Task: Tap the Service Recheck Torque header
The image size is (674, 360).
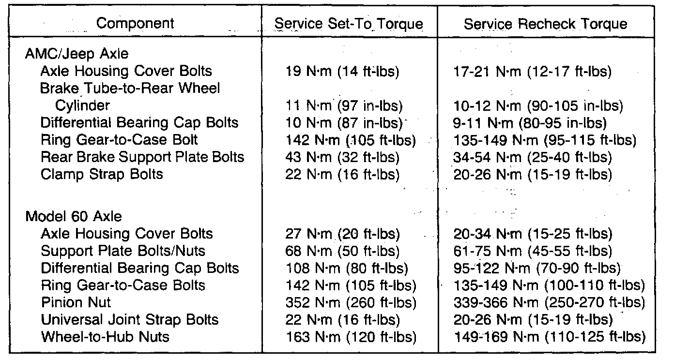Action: (546, 24)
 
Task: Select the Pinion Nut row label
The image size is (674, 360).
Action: (76, 302)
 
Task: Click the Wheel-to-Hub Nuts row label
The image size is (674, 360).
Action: (105, 336)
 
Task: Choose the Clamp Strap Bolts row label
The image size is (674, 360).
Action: (102, 174)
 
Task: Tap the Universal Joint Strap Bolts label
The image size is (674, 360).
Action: (129, 319)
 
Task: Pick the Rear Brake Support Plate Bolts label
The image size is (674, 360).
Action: (142, 157)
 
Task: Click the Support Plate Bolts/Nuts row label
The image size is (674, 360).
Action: (123, 251)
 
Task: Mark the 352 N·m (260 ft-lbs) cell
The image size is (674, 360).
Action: (351, 302)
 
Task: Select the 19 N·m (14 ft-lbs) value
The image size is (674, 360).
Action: (342, 71)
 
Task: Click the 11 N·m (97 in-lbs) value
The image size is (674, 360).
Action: (344, 105)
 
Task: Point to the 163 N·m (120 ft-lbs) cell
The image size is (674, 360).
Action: (351, 336)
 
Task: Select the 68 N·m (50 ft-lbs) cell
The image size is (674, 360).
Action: (343, 251)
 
